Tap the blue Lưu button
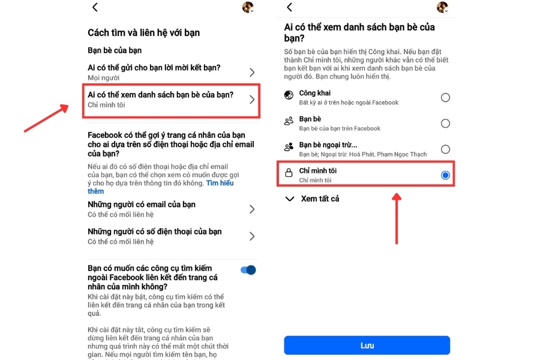click(367, 346)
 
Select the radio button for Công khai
click(445, 98)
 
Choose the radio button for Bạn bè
click(445, 124)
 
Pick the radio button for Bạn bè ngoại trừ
click(445, 149)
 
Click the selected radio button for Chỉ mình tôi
click(445, 175)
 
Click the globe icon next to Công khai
click(289, 95)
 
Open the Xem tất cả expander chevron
click(290, 199)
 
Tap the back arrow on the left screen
click(95, 7)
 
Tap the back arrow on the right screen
click(289, 7)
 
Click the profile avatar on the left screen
click(248, 7)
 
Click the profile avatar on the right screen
click(442, 7)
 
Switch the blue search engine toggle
click(248, 270)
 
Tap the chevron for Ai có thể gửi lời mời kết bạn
click(252, 73)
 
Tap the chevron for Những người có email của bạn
click(252, 209)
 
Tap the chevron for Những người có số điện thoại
click(252, 236)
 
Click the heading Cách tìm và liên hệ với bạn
click(144, 32)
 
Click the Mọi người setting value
click(103, 77)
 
